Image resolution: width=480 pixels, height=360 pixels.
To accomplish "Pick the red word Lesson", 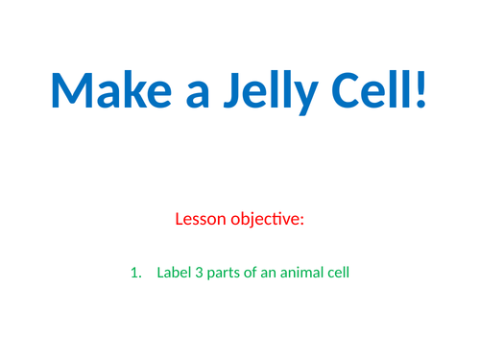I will coord(202,219).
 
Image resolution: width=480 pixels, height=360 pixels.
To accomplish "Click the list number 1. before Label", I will coord(135,274).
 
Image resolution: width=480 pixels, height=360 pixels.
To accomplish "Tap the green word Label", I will coord(173,274).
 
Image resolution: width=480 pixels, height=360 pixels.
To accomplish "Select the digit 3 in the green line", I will coord(199,274).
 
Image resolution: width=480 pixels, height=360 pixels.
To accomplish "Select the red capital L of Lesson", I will coord(180,219).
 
